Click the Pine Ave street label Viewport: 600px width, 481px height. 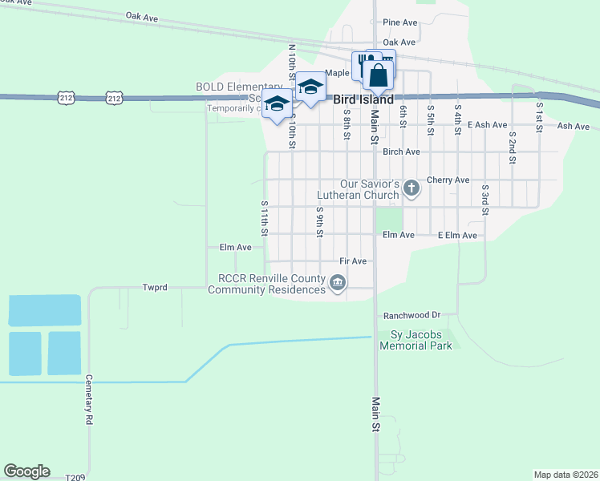[x=400, y=22]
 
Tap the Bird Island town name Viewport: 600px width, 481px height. [x=363, y=100]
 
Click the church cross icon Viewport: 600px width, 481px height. [x=411, y=188]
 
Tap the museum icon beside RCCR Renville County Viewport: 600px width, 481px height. [x=339, y=282]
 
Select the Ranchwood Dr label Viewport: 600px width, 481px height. [x=412, y=316]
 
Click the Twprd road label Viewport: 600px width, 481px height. [x=155, y=287]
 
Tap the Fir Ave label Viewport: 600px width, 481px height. [x=353, y=261]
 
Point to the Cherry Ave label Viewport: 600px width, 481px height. [x=448, y=180]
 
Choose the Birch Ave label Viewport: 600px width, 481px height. [x=401, y=152]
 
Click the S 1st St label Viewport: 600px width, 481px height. [x=539, y=116]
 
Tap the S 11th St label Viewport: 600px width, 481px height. [x=263, y=218]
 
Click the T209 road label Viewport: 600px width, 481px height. [x=74, y=476]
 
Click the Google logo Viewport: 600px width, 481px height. [x=26, y=471]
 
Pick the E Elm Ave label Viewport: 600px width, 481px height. [x=457, y=236]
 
